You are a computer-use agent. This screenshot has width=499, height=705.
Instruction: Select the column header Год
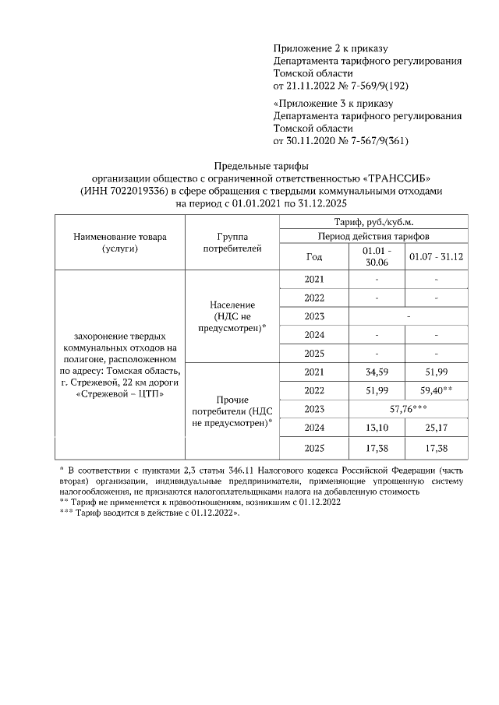[314, 256]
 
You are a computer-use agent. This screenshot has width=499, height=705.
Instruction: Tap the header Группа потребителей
[234, 241]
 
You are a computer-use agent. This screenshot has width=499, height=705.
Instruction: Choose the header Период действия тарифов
[373, 235]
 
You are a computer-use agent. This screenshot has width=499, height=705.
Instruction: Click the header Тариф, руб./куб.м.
[373, 222]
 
